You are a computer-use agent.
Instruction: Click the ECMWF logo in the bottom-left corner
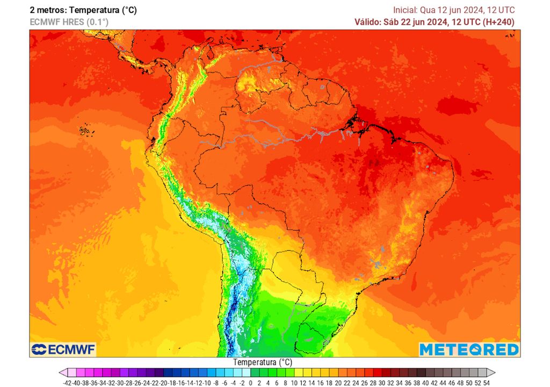63,349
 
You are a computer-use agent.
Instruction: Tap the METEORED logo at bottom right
469,349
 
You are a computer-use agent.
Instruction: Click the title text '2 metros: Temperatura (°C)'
83,10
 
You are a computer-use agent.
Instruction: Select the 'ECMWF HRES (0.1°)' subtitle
69,22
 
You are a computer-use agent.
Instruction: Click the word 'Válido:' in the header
368,22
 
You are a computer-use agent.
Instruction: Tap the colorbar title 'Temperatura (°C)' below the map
263,362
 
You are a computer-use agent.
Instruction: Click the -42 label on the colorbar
67,382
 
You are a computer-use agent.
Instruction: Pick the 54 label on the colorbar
486,382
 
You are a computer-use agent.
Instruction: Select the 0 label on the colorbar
251,382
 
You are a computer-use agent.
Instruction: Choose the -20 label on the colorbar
163,382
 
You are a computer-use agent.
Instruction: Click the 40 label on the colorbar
425,382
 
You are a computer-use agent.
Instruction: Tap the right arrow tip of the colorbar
494,372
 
